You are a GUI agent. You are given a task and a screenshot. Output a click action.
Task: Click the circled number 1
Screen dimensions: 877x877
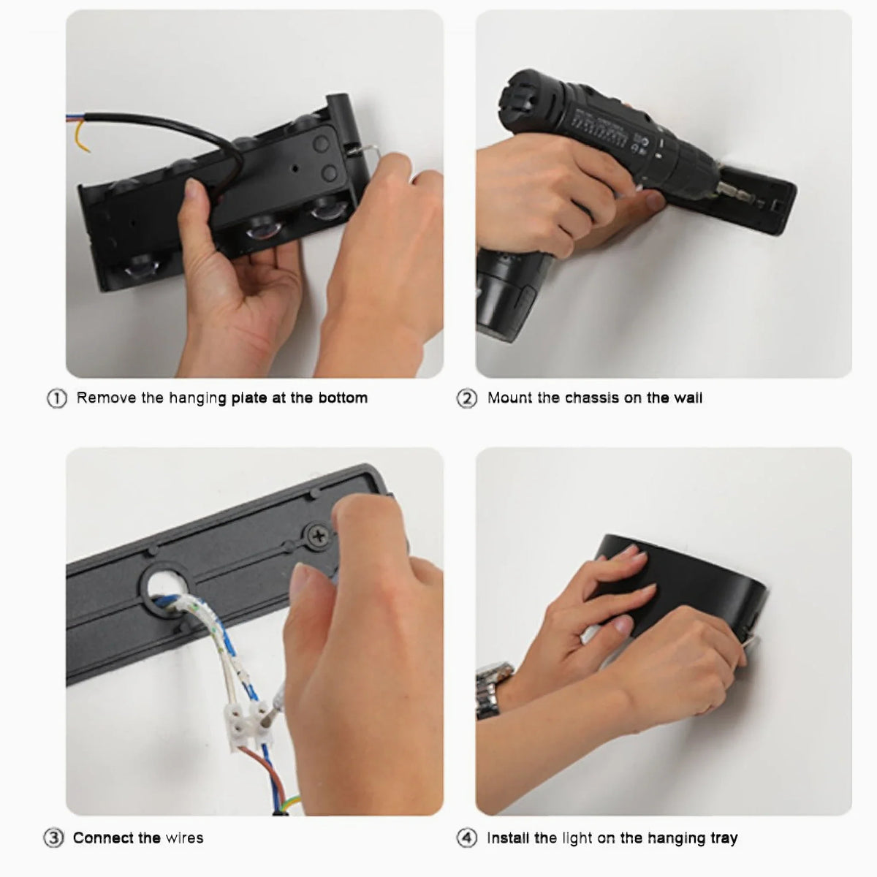[57, 399]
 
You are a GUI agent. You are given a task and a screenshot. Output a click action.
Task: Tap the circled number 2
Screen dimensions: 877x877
[466, 399]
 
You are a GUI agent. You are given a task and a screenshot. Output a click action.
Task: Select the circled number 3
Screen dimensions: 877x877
[53, 838]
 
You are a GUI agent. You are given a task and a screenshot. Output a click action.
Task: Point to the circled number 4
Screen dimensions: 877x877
[466, 838]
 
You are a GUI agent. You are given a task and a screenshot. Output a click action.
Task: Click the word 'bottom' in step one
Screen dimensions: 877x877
[343, 398]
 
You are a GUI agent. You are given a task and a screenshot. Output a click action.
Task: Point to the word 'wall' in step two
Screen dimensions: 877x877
[688, 398]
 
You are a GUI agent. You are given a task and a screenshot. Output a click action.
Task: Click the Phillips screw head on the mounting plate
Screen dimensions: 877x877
[319, 536]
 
